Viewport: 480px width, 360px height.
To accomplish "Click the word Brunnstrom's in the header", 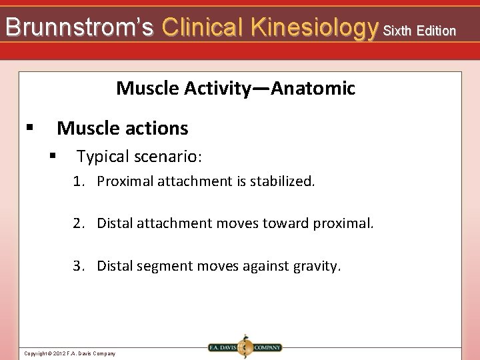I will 79,27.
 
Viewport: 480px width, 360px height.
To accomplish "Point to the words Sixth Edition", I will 420,31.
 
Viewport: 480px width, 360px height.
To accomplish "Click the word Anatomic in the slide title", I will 315,88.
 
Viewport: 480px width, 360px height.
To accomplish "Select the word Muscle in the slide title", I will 145,88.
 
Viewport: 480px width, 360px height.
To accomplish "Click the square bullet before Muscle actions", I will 29,127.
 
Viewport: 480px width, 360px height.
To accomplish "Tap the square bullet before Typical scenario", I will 53,156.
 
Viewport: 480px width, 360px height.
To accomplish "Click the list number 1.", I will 78,181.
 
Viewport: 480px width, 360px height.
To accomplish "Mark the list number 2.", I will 78,223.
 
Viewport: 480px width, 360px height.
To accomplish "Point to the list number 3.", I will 78,266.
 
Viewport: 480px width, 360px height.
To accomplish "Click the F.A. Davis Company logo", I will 244,347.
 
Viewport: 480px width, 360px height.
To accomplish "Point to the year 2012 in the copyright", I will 58,353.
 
